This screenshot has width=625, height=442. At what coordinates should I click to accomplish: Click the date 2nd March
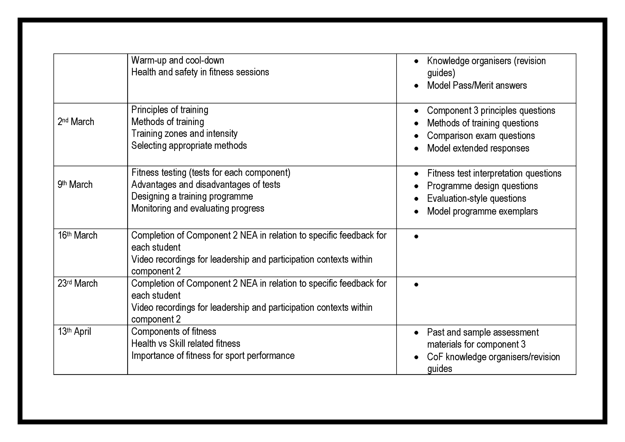pos(76,122)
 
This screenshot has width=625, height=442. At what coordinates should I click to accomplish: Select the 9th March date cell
pos(75,184)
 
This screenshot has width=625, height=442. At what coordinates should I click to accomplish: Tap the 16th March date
pos(77,235)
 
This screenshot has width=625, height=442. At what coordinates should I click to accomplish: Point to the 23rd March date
pos(77,283)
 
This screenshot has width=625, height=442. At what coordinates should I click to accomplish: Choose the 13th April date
pos(74,331)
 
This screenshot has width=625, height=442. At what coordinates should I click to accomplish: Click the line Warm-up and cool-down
pos(177,60)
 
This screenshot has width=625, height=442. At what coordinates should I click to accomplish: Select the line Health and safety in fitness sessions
pos(200,72)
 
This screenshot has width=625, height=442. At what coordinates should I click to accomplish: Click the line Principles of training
pos(170,110)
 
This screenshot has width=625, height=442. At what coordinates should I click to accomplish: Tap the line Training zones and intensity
pos(184,133)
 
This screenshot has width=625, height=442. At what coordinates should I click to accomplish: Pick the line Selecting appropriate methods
pos(189,145)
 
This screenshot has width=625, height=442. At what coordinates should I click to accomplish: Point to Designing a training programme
pos(192,196)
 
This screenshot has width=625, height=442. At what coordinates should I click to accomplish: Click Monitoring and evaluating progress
pos(198,208)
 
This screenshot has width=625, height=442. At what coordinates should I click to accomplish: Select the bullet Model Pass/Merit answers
pos(477,85)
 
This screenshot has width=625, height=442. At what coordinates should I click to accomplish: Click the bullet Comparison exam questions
pos(481,136)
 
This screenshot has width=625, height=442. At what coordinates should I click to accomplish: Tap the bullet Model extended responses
pos(478,148)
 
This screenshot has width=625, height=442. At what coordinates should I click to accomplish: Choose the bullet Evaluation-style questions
pos(477,198)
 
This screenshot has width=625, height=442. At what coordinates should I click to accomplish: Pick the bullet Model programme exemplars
pos(482,211)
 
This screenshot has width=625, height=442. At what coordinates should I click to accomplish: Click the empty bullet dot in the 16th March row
pos(416,237)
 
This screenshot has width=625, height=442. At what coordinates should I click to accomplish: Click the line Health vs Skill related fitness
pos(186,344)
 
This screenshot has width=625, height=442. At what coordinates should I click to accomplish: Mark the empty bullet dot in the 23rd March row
pos(416,285)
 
